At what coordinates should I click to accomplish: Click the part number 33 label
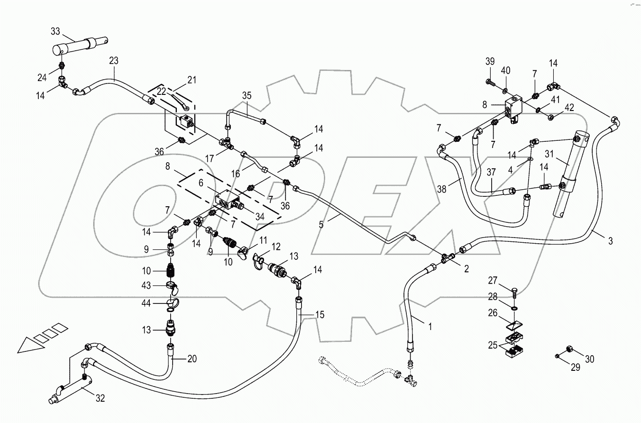pos(55,32)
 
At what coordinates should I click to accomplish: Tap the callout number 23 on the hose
pos(113,61)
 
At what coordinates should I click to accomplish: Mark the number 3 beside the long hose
pos(610,241)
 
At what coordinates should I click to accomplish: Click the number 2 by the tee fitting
pos(466,269)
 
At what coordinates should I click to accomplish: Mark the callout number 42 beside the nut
pos(569,108)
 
